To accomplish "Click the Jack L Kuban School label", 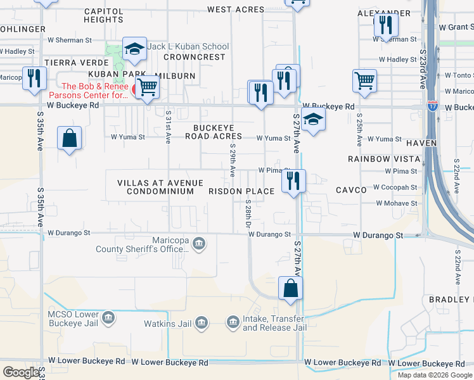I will (188, 47).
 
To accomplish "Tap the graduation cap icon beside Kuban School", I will (134, 49).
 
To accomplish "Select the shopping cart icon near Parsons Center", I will (147, 87).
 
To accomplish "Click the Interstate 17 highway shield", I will (433, 106).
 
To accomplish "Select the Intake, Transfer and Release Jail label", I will (274, 324).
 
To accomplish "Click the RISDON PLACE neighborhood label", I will (241, 191).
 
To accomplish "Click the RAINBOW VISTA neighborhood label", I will (384, 158).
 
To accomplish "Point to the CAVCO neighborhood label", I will (352, 189).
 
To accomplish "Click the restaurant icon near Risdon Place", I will (293, 180).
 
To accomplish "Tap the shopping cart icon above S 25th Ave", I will (364, 80).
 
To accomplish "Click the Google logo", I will (21, 372).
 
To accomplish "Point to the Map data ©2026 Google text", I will (435, 375).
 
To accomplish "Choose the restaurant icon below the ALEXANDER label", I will (384, 25).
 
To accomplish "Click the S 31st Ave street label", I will (168, 128).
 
